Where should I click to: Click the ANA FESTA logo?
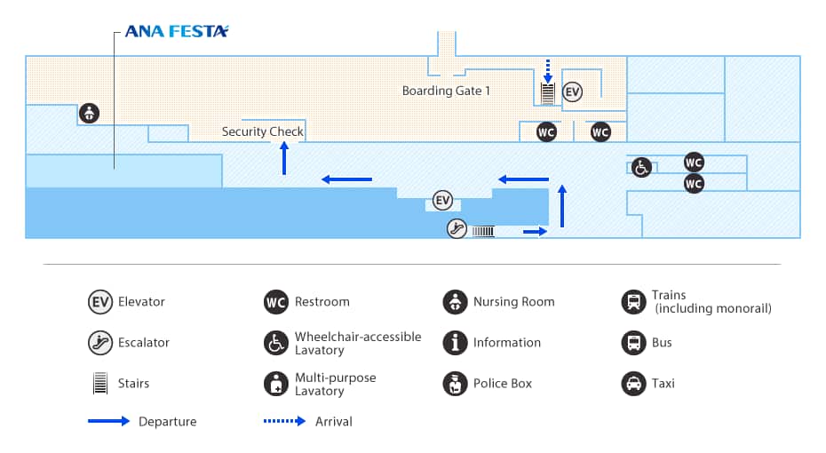[177, 31]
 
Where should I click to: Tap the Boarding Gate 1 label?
[446, 91]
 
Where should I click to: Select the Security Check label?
[263, 131]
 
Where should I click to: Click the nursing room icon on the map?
[89, 113]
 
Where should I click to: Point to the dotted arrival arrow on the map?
[548, 70]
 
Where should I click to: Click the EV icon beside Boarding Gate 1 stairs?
[573, 91]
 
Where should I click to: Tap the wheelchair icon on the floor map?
[641, 166]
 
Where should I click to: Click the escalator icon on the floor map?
[457, 229]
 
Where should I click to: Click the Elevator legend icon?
[100, 302]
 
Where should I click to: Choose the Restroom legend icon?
[276, 302]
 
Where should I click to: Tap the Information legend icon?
[455, 343]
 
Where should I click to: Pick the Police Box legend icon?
[455, 384]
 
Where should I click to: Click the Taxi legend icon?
[633, 384]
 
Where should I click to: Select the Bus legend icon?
[633, 343]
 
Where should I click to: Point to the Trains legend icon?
[633, 302]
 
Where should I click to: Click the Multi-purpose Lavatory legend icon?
[276, 384]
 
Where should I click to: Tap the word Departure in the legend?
[167, 422]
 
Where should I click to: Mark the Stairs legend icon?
[100, 384]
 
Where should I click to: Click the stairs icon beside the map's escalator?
[482, 231]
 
